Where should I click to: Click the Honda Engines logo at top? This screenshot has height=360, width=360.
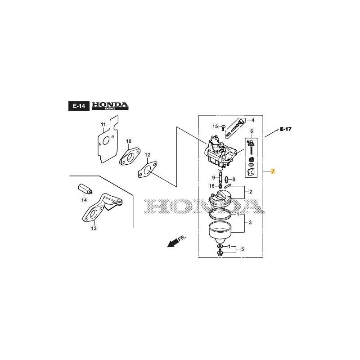[110, 106]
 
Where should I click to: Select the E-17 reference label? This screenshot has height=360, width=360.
[285, 129]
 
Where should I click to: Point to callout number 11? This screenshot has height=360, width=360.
[103, 124]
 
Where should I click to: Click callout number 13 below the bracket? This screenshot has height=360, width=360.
[94, 228]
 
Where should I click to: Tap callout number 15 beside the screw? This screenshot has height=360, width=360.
[215, 126]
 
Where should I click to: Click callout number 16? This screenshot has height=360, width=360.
[211, 186]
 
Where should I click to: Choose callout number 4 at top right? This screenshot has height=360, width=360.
[252, 120]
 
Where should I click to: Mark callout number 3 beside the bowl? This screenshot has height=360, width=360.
[250, 223]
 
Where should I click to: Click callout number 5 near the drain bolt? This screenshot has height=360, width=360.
[242, 249]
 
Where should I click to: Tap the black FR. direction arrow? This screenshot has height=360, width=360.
[172, 243]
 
